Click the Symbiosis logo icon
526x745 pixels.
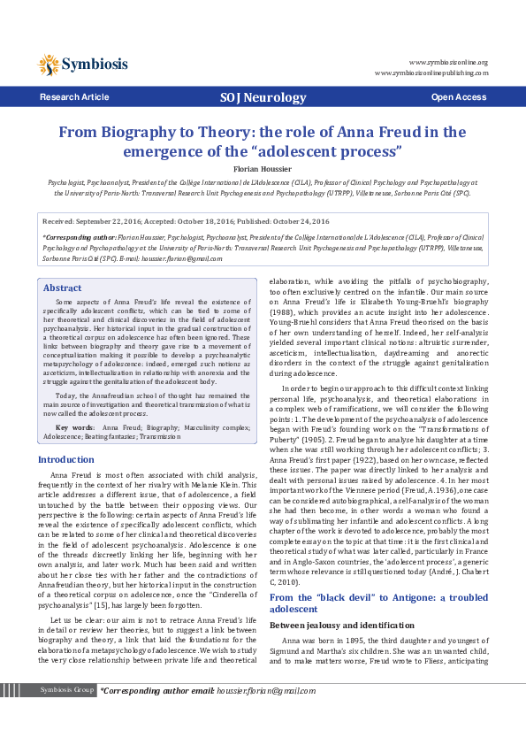tap(49, 64)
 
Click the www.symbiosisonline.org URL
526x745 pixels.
tap(448, 63)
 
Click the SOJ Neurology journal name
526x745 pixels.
tap(262, 96)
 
